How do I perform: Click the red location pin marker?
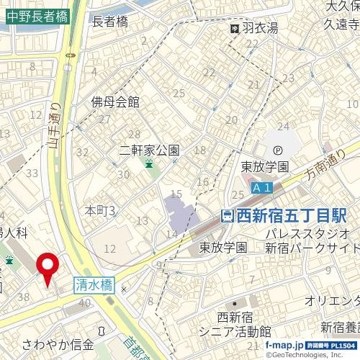48,267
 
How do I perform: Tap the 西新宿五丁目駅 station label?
292,215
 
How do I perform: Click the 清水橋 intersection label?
94,284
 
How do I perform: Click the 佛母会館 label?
115,102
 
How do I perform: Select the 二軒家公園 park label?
149,151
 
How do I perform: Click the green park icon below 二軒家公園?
148,165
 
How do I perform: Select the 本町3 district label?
101,210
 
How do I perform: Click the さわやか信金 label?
58,343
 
